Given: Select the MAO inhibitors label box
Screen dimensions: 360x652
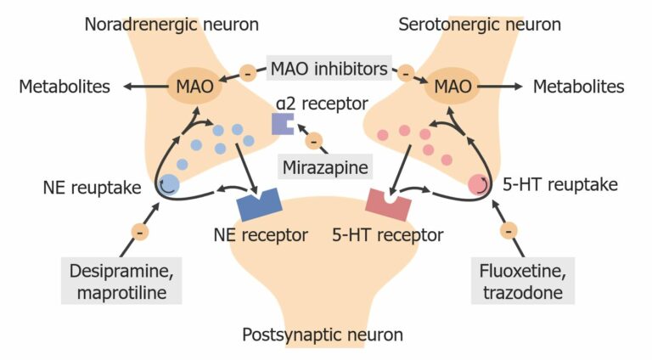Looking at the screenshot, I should point(329,66).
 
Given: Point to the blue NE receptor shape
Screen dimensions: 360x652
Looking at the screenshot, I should point(260,205).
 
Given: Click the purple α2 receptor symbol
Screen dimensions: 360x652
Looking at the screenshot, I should point(282,124).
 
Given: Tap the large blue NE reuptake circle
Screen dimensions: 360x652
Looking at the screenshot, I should point(168,183).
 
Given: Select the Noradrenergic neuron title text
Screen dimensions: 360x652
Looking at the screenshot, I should point(172,24).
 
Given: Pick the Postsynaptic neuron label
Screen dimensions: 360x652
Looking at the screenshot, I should point(323,334).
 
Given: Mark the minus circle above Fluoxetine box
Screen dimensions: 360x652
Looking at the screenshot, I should point(509,230).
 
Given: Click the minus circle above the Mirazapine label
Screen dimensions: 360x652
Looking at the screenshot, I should point(314,140).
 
